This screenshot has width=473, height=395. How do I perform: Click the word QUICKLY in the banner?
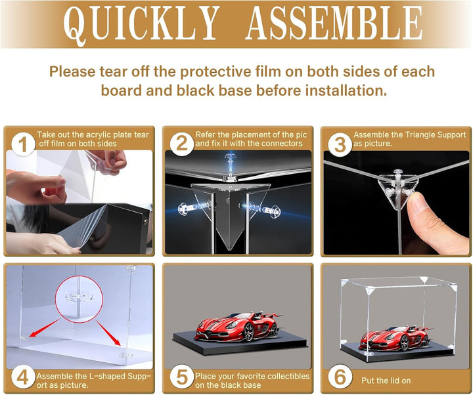tap(141, 24)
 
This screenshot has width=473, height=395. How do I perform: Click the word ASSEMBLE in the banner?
tap(334, 23)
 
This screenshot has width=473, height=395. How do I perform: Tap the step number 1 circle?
tap(23, 144)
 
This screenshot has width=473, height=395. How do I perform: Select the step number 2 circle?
tap(181, 144)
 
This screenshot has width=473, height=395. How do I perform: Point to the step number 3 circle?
tap(340, 144)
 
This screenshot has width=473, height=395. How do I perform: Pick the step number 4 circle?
tap(23, 377)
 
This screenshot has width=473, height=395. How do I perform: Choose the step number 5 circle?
tap(181, 377)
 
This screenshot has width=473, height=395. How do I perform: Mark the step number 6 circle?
tap(340, 377)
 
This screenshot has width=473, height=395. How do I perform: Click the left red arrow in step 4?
tap(45, 328)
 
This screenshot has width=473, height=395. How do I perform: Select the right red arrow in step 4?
tap(108, 333)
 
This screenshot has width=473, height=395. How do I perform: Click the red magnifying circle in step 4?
tap(79, 299)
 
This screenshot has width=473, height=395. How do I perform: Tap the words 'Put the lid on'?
tap(386, 381)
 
